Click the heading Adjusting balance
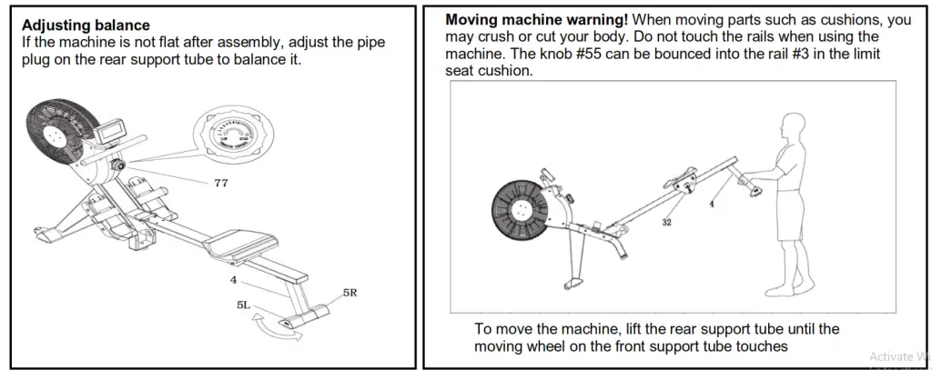click(x=86, y=25)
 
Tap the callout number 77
click(x=220, y=184)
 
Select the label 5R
click(x=350, y=293)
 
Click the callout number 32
click(x=666, y=223)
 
